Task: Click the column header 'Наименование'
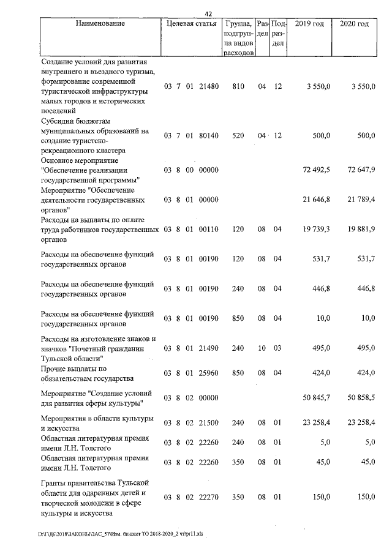coord(100,24)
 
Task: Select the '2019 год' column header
coord(309,24)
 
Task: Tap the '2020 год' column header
coord(354,24)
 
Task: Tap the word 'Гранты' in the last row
coord(55,484)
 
